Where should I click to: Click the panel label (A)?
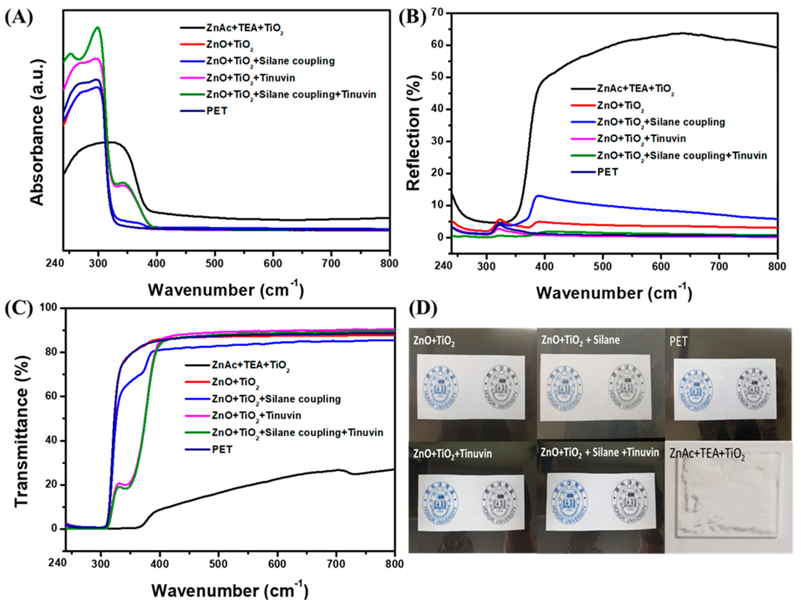tap(19, 17)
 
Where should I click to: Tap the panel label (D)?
tap(423, 308)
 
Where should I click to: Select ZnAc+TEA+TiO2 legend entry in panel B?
tap(636, 89)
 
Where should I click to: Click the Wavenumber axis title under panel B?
tap(614, 293)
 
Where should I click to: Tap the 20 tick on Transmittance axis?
tap(53, 485)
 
